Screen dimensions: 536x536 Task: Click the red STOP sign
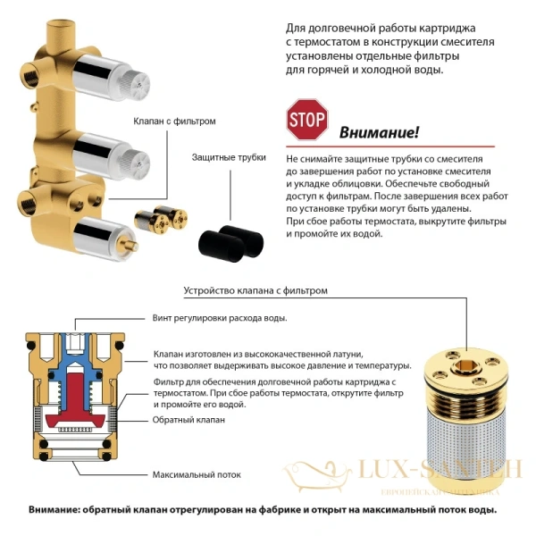(x=306, y=118)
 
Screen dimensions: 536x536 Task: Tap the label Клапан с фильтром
(x=175, y=121)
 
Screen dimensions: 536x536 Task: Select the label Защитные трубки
(x=229, y=157)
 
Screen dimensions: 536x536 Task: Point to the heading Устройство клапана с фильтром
(x=255, y=290)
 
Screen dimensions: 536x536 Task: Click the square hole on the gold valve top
(x=466, y=364)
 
